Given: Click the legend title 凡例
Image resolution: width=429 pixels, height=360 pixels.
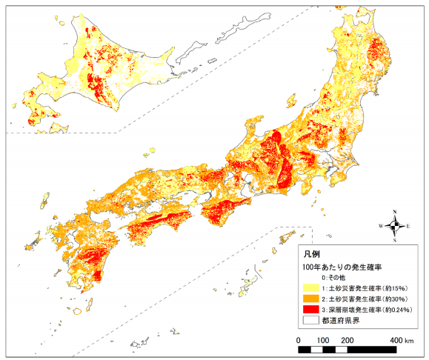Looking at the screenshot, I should click(x=312, y=254).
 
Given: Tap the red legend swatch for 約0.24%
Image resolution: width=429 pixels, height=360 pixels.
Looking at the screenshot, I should click(x=311, y=309).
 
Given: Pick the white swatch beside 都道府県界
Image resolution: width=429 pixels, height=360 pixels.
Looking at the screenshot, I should click(x=311, y=320).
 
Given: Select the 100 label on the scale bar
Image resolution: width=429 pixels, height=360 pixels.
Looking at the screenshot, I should click(x=322, y=339).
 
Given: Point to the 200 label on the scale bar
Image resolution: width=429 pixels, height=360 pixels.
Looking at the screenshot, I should click(x=347, y=339).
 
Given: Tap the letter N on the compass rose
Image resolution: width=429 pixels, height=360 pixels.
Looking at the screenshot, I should click(x=396, y=211).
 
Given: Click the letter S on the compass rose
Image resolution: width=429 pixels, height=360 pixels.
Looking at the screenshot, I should click(x=396, y=241).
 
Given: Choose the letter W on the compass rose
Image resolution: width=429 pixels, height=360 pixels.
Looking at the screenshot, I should click(x=381, y=226).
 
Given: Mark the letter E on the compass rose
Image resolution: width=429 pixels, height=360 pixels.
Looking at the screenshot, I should click(x=410, y=226).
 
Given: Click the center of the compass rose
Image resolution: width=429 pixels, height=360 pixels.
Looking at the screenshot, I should click(x=396, y=226).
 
